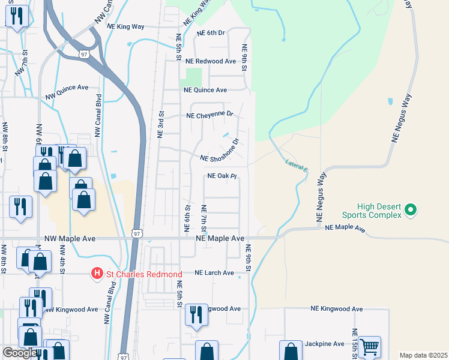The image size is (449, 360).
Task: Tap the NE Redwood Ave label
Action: tap(211, 61)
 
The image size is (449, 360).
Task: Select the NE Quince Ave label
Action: tap(205, 90)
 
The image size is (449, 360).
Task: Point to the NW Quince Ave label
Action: tap(67, 88)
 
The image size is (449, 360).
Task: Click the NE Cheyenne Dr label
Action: tap(209, 115)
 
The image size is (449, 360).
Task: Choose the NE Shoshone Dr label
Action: tap(220, 152)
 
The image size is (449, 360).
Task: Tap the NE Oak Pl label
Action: tap(222, 176)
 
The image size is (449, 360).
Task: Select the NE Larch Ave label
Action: tap(214, 272)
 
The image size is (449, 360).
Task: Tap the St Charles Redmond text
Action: tap(144, 274)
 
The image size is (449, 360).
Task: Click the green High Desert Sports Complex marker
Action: tap(411, 210)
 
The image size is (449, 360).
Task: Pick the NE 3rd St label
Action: tap(161, 124)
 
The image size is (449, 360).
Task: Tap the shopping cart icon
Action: tap(369, 346)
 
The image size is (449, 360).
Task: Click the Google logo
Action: tap(20, 353)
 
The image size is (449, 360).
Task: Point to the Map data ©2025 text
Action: tap(423, 355)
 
